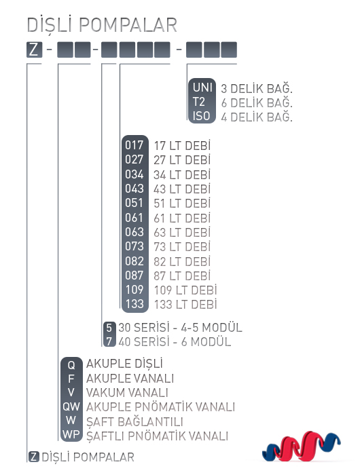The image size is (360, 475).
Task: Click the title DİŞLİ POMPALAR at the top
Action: pos(102,24)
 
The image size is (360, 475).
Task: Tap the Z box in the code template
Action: pos(34,50)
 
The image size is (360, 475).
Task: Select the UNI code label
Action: pos(202,88)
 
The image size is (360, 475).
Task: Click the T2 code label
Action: pos(199,102)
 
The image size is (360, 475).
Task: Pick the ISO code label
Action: pos(201,116)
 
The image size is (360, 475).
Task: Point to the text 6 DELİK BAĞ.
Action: pos(257,102)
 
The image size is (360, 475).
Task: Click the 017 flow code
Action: pos(134,145)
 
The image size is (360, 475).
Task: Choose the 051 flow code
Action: pos(134,203)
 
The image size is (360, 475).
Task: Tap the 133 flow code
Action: pos(134,304)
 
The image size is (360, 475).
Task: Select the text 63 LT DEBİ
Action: pos(182,232)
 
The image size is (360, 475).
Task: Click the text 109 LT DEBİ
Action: pos(185,290)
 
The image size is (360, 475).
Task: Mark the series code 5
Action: pos(109,328)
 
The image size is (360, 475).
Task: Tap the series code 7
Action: pos(109,341)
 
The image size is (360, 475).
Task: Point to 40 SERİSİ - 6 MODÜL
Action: pos(175,342)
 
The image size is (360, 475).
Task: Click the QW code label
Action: pos(71,406)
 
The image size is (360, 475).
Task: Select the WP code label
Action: pos(71,434)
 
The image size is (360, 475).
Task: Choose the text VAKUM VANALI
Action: pos(127,393)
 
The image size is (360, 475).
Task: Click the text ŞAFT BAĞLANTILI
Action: pos(134,421)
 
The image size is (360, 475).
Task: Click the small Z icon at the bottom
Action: pos(34,457)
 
